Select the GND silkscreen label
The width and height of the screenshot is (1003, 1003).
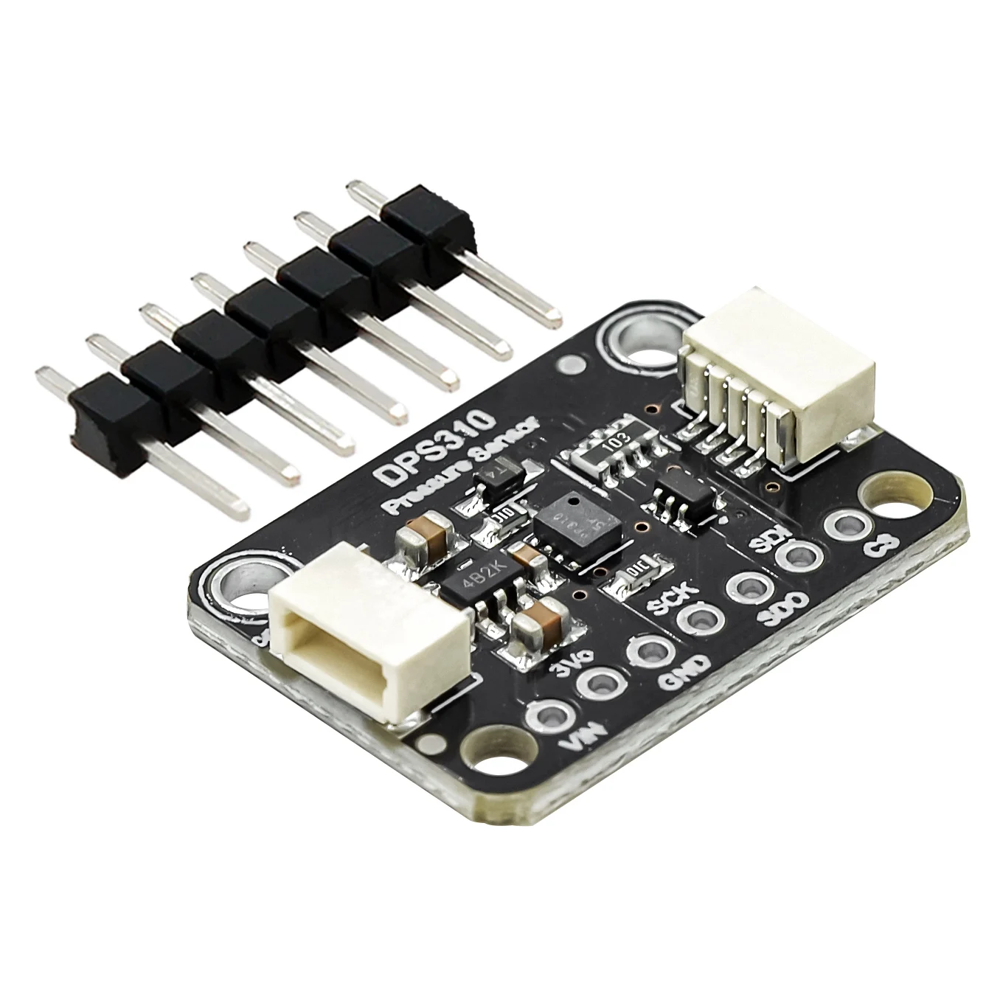tap(686, 667)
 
